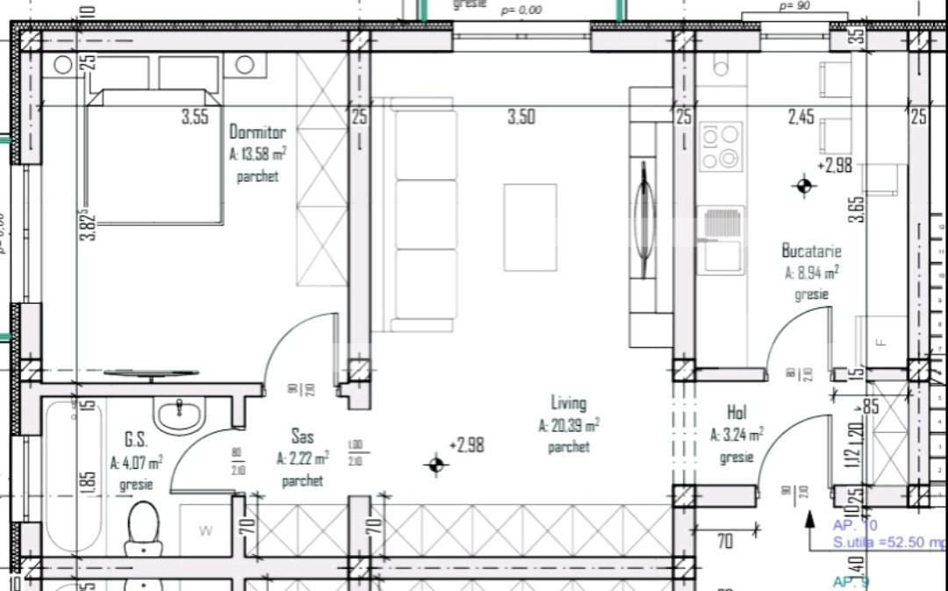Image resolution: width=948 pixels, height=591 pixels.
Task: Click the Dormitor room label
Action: tap(257, 133)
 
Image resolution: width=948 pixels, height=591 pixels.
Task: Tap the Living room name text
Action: tap(568, 403)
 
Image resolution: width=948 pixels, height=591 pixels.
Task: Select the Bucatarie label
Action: tap(811, 251)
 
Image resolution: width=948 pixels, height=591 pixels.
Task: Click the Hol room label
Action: tap(736, 412)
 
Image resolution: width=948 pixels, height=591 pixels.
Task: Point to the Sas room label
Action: tap(302, 436)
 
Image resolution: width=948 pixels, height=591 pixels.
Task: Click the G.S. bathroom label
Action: tap(135, 439)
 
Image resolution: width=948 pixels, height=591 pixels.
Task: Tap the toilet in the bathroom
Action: tap(143, 527)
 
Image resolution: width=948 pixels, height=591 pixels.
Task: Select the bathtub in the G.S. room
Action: tap(74, 474)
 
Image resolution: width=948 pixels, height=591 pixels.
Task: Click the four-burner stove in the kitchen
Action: tap(721, 146)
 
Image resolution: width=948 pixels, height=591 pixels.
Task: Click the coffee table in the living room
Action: tap(530, 227)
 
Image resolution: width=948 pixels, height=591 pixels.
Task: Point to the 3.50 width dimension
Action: tap(521, 117)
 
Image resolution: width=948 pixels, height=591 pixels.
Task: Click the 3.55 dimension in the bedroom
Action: tap(195, 117)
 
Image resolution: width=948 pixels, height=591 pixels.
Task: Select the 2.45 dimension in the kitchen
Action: tap(801, 117)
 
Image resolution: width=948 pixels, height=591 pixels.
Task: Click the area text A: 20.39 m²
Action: tap(569, 426)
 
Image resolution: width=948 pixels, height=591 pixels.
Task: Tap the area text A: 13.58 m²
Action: tap(257, 155)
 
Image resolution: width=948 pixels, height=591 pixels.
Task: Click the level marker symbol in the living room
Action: tap(436, 465)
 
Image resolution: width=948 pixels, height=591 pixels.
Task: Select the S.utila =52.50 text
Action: tap(888, 544)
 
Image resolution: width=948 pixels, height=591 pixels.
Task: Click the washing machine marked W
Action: tap(205, 530)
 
